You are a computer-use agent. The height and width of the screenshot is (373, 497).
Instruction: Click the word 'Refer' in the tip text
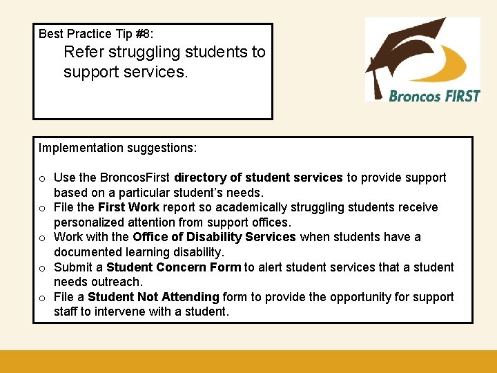(x=81, y=52)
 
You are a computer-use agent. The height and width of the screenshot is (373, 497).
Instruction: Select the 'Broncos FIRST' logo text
(x=434, y=96)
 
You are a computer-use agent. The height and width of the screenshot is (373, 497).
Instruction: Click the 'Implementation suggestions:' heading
(x=117, y=148)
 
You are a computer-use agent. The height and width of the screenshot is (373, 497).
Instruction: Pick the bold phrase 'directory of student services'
(x=258, y=178)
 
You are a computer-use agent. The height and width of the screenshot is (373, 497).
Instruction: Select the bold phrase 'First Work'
(x=128, y=207)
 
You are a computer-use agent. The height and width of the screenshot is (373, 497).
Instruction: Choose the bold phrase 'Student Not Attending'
(x=153, y=297)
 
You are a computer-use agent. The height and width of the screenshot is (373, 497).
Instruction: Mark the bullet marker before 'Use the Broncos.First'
(x=42, y=178)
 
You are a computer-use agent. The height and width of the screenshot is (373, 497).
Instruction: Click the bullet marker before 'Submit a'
(x=42, y=268)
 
